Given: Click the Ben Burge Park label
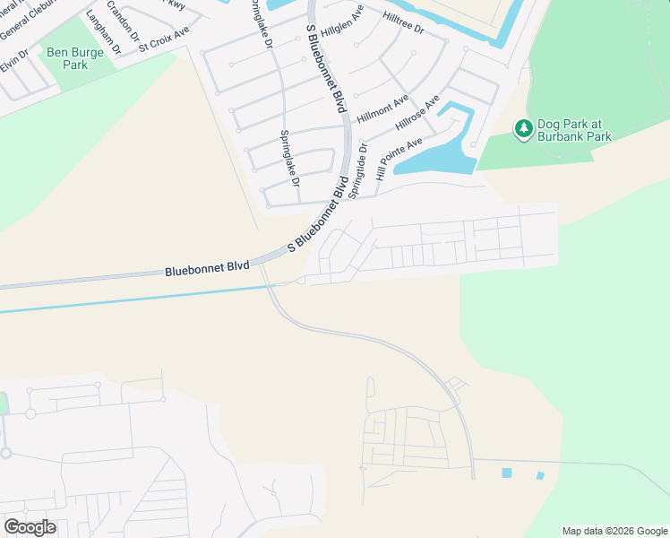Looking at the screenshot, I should point(76,59).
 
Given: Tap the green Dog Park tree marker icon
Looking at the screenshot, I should point(523,130).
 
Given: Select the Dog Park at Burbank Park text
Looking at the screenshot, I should point(574,130).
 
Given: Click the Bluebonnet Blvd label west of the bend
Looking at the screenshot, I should point(207,268).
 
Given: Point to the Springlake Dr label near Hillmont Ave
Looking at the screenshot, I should point(289,158).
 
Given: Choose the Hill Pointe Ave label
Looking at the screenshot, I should point(399,160).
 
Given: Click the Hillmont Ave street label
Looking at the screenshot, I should point(382,108).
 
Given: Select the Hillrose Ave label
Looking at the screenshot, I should point(419,113).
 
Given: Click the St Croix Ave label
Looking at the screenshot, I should point(164,39).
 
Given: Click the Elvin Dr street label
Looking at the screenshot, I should point(14,62).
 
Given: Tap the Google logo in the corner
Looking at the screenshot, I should point(30,526).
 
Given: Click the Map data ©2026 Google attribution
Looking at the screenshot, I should point(614,531).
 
